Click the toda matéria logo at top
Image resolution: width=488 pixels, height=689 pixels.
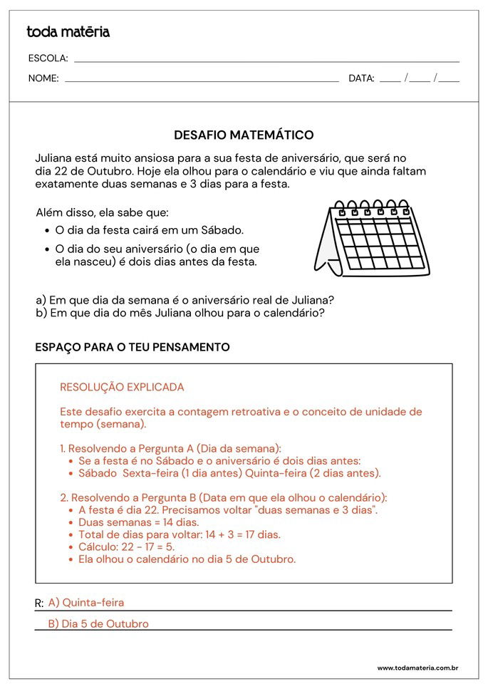(x=68, y=32)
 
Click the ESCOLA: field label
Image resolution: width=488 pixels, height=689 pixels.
(x=48, y=58)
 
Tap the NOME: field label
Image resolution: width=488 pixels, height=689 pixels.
(x=43, y=78)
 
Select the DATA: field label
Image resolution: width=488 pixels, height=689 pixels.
(x=361, y=78)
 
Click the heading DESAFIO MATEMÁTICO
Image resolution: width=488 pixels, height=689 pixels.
(x=244, y=135)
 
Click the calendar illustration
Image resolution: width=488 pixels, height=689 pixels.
(x=373, y=238)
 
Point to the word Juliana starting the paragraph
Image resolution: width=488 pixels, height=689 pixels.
(x=55, y=157)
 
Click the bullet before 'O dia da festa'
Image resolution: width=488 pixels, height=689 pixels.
(x=47, y=231)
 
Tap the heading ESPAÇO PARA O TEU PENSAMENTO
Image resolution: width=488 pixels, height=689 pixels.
(x=133, y=347)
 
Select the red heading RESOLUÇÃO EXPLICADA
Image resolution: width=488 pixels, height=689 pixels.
(x=122, y=388)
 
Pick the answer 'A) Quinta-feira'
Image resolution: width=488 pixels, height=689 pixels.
(x=86, y=603)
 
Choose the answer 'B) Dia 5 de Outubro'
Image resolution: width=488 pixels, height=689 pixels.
(x=98, y=624)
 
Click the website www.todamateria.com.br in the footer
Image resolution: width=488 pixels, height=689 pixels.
(x=417, y=668)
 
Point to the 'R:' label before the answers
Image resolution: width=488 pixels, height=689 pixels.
(x=39, y=604)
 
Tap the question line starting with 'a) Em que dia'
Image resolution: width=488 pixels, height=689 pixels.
(x=185, y=300)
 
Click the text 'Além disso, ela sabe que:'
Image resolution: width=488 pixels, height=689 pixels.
(x=102, y=213)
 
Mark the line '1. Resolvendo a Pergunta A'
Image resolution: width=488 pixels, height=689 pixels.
(x=170, y=448)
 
